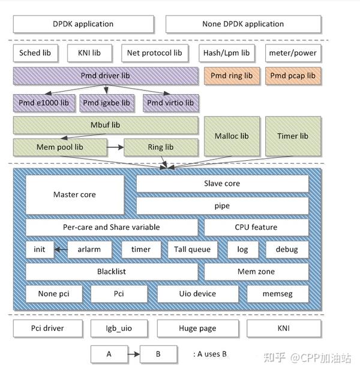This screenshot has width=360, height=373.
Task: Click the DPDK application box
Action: [x=83, y=24]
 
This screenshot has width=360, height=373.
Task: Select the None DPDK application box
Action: [x=239, y=24]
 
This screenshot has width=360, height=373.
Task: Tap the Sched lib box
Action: [x=34, y=53]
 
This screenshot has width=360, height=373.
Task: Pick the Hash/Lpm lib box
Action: [x=224, y=53]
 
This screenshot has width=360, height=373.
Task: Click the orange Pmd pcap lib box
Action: [x=292, y=76]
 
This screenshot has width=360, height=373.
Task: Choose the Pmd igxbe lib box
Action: [x=106, y=103]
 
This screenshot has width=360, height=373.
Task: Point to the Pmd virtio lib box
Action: [x=172, y=103]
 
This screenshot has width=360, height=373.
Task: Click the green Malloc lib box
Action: [x=232, y=136]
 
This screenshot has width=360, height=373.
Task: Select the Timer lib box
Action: [x=292, y=136]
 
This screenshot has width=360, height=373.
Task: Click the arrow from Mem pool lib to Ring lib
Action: [x=112, y=147]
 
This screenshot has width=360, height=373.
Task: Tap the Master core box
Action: [x=74, y=195]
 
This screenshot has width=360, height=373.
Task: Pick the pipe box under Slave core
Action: [x=222, y=206]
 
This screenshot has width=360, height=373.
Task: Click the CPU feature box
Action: [x=256, y=227]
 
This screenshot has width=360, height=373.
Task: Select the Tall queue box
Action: [x=192, y=249]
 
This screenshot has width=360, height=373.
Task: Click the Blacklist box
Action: [x=111, y=272]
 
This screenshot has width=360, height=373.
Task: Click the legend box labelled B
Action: [x=158, y=354]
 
